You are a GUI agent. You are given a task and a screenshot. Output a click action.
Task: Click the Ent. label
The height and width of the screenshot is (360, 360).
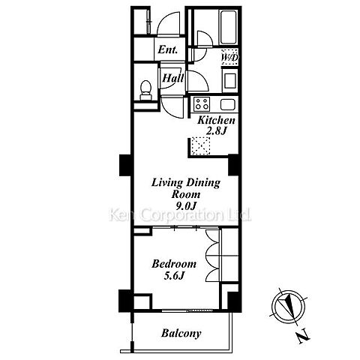[168, 49]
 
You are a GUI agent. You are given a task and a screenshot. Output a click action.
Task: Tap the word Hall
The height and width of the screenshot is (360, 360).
[173, 78]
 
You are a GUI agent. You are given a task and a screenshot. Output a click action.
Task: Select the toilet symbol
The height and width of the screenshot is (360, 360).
[145, 90]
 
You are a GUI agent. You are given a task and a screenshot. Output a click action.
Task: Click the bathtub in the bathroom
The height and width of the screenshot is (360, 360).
[228, 27]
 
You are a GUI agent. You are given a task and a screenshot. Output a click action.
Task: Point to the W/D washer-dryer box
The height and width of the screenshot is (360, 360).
[229, 57]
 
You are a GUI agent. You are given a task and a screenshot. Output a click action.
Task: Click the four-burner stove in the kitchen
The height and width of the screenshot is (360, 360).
[202, 104]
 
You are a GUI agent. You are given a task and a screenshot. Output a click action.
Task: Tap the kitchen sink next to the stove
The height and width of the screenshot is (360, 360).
[228, 104]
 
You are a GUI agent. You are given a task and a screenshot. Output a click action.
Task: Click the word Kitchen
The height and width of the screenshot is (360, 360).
[216, 120]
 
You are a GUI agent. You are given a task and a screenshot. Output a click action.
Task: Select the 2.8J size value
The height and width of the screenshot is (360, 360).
[217, 131]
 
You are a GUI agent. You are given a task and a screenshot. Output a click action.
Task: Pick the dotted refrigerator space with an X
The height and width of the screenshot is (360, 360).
[201, 145]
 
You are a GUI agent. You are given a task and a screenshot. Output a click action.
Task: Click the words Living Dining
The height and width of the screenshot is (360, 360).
[186, 183]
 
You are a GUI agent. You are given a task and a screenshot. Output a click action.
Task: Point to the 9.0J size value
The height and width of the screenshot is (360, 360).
[185, 205]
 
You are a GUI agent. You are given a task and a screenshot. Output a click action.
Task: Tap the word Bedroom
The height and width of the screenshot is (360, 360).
[174, 264]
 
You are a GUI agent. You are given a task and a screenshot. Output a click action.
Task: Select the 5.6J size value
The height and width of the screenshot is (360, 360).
[174, 275]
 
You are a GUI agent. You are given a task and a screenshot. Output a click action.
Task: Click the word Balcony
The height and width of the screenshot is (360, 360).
[181, 333]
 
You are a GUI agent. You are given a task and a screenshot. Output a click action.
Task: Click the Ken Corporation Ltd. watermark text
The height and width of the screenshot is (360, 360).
[180, 215]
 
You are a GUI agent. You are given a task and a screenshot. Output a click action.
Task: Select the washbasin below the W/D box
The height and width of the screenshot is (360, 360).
[230, 80]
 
